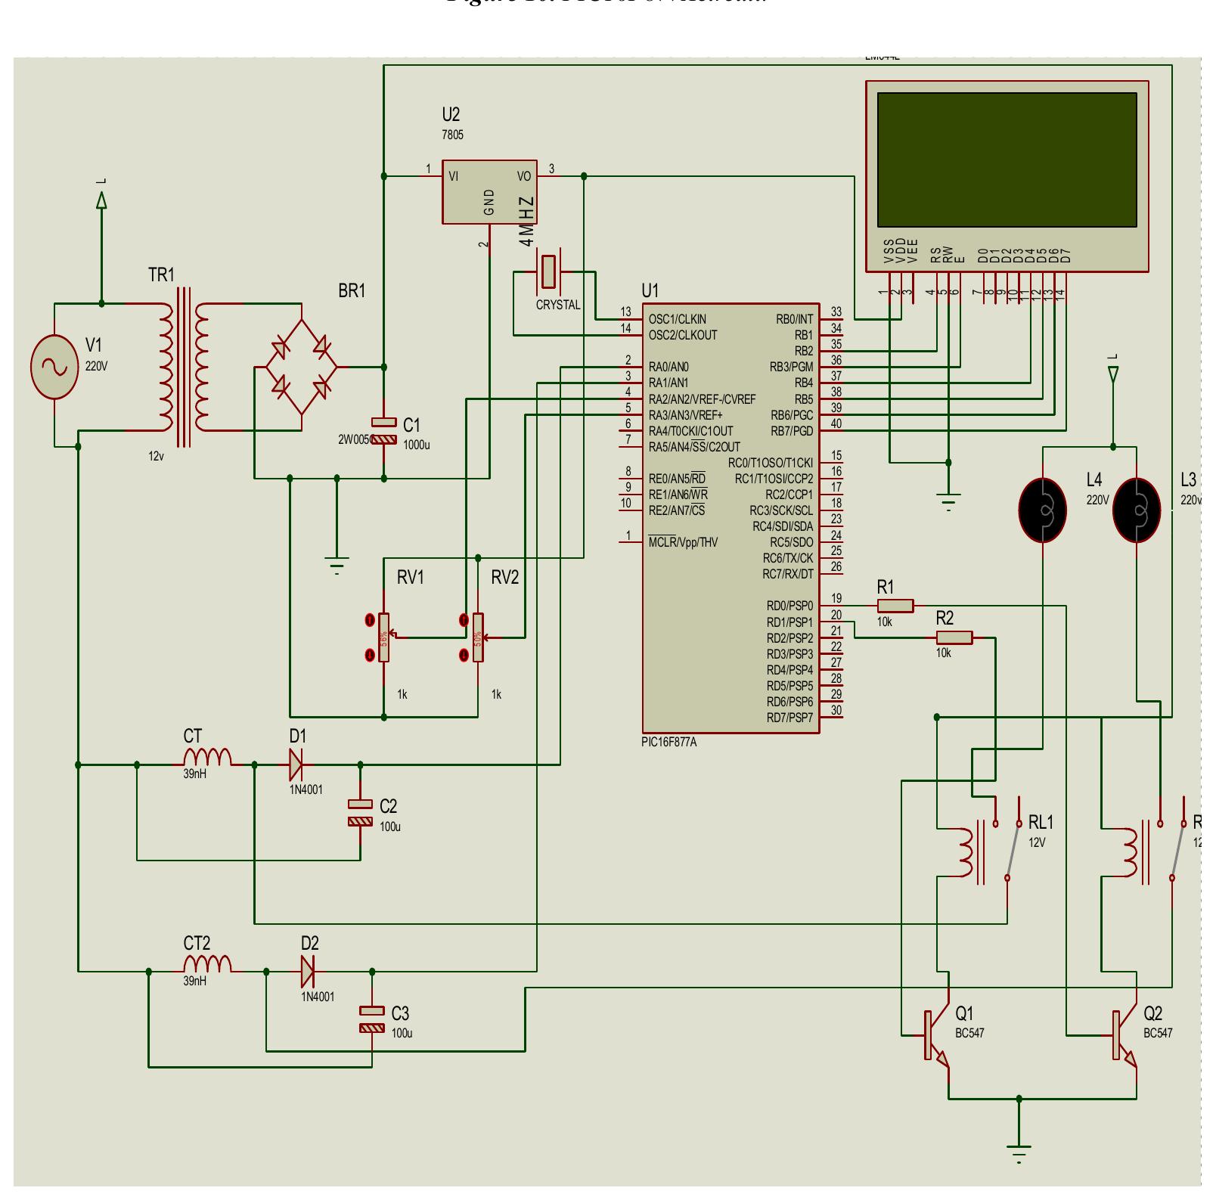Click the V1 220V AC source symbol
coord(54,367)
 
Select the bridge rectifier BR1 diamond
coord(301,367)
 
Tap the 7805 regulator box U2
coord(489,192)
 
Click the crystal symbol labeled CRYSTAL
coord(548,272)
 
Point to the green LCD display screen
coord(1007,160)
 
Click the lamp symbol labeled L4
coord(1043,510)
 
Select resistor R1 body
coord(895,606)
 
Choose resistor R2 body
coord(954,638)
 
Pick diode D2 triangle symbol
coord(307,972)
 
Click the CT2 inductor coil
coord(207,964)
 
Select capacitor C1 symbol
coord(384,431)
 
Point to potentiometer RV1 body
coord(384,637)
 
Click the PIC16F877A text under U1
coord(669,743)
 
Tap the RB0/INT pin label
coord(794,320)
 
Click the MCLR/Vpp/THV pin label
coord(683,543)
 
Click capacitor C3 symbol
coord(372,1019)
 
